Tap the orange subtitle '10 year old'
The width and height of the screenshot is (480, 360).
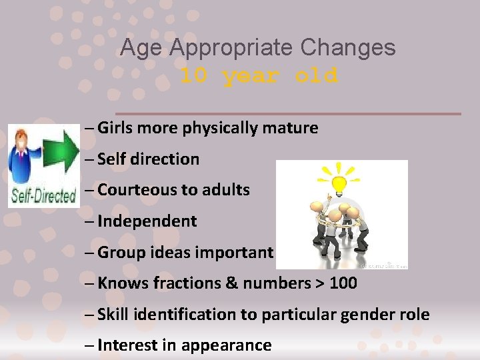(x=259, y=75)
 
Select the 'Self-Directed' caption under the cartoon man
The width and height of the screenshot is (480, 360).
(x=42, y=197)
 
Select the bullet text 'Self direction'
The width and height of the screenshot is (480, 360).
(x=148, y=159)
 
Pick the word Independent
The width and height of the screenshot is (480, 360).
(x=147, y=221)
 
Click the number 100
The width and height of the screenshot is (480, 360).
(x=343, y=283)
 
